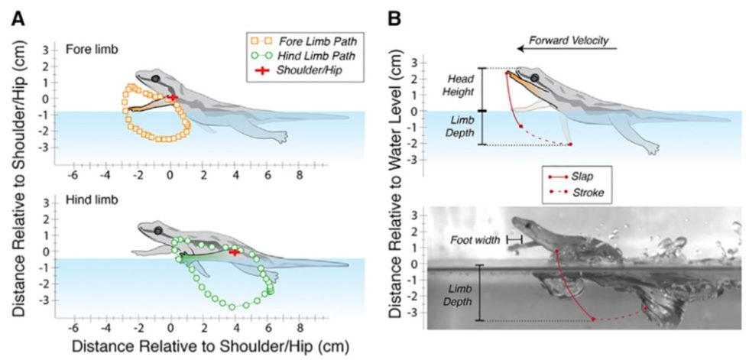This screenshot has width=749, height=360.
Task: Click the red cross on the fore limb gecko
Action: pyautogui.click(x=173, y=97)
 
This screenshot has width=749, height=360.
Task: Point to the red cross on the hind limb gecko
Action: pyautogui.click(x=235, y=251)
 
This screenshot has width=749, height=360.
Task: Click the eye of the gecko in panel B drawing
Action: pyautogui.click(x=535, y=78)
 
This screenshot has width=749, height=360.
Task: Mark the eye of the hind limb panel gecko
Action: pyautogui.click(x=157, y=230)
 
